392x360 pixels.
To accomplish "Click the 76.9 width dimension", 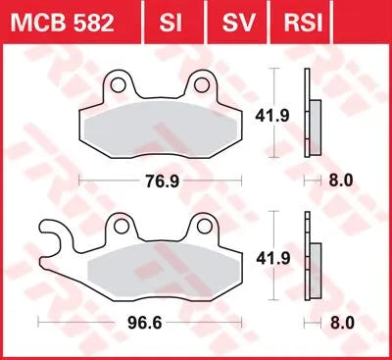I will click(x=162, y=181).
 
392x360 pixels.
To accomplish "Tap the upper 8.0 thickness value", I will click(x=342, y=181).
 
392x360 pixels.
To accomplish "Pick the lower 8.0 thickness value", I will click(x=342, y=321).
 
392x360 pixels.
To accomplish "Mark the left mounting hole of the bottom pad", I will click(x=121, y=229).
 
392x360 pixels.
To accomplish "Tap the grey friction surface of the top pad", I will click(x=162, y=132).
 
